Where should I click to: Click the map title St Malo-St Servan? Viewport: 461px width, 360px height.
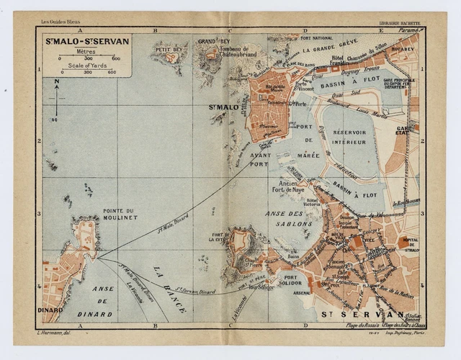(87, 41)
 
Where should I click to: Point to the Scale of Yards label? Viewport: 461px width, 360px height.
(87, 66)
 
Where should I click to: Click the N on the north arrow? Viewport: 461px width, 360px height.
(56, 81)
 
